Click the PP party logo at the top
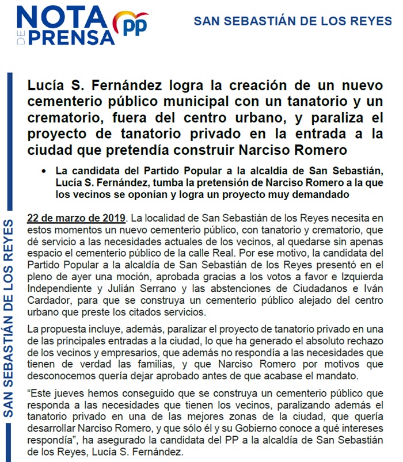131,25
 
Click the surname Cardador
52,300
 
